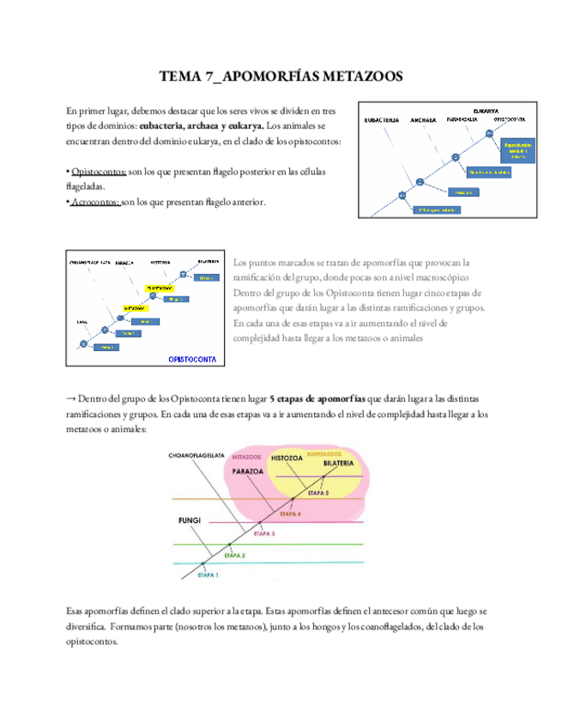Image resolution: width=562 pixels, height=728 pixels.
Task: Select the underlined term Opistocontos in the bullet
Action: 100,172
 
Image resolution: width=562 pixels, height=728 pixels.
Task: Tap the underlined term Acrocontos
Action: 96,203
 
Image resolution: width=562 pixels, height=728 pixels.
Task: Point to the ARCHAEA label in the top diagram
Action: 424,119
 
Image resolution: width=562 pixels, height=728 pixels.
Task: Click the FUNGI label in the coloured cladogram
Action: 188,519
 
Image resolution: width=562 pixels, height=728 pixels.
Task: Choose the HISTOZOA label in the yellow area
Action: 287,459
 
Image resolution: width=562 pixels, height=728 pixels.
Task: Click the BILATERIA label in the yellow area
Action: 341,464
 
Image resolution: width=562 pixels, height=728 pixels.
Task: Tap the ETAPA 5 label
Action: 318,494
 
